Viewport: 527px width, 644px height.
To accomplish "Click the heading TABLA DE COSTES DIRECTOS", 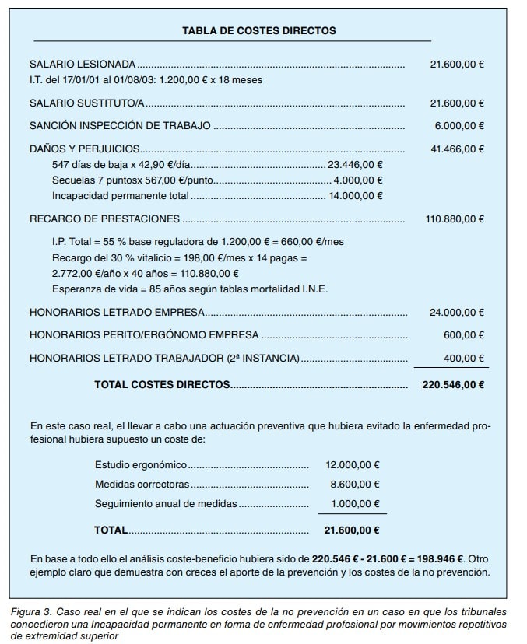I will coord(258,31).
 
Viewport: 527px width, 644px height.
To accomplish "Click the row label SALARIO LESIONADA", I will coord(83,64).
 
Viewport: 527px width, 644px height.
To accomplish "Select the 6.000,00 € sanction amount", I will coord(459,125).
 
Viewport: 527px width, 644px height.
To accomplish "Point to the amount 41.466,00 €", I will coord(457,149).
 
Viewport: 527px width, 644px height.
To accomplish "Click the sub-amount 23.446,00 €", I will coord(355,164).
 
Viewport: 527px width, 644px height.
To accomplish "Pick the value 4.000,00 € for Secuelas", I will coord(357,180).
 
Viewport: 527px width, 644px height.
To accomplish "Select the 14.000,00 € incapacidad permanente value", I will coord(355,195).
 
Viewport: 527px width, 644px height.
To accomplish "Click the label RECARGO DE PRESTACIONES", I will coord(104,219).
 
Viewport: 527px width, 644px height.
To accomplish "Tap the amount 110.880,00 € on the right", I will coord(455,219).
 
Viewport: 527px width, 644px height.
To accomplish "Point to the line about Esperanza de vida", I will coord(190,289).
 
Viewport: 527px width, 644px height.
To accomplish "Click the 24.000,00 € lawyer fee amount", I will coord(457,313).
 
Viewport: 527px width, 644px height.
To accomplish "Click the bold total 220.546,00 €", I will coord(453,384).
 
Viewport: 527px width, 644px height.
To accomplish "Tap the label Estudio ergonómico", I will coord(141,464).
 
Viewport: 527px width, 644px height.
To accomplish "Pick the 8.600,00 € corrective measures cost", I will coord(355,484).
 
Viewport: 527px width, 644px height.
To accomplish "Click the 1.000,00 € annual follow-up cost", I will coord(355,503).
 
